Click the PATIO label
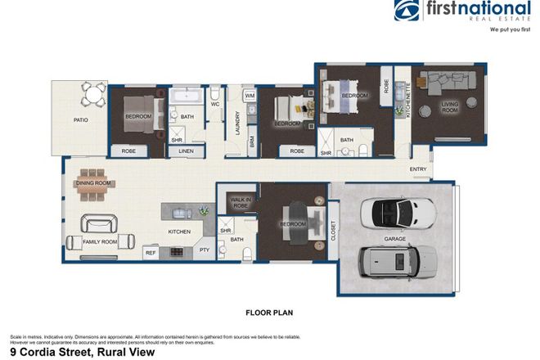coord(80,120)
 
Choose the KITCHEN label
coord(179,232)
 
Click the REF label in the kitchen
coord(151,254)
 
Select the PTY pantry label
coord(205,250)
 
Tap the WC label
coord(215,105)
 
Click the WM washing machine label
coord(250,97)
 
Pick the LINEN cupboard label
coord(186,151)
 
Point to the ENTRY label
coord(418,169)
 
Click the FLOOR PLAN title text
coord(269,312)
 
